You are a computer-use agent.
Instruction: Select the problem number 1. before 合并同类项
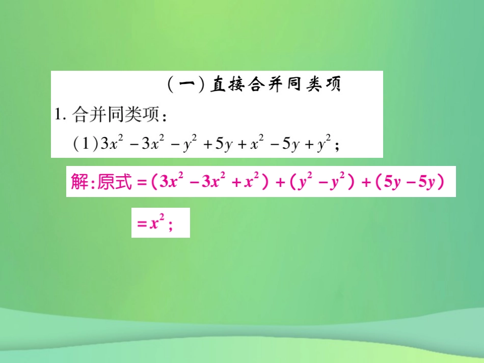click(x=61, y=115)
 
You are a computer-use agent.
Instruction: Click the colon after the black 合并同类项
click(x=164, y=116)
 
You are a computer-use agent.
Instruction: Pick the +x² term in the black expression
click(x=251, y=144)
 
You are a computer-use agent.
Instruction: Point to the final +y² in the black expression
click(x=319, y=144)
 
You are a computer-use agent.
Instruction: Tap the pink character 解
click(x=79, y=182)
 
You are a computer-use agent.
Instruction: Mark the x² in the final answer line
click(x=155, y=222)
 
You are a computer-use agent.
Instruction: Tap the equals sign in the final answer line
click(x=140, y=223)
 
